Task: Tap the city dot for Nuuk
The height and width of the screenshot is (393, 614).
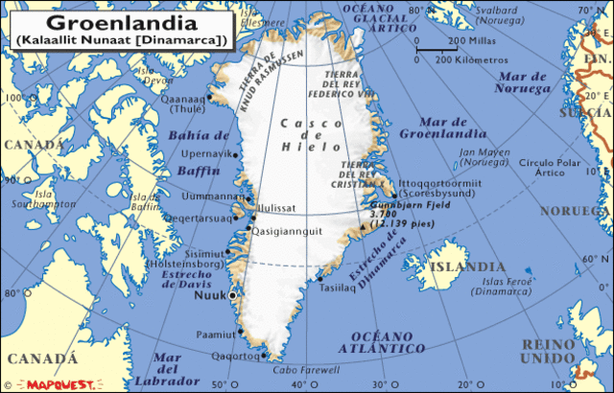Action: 233,296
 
